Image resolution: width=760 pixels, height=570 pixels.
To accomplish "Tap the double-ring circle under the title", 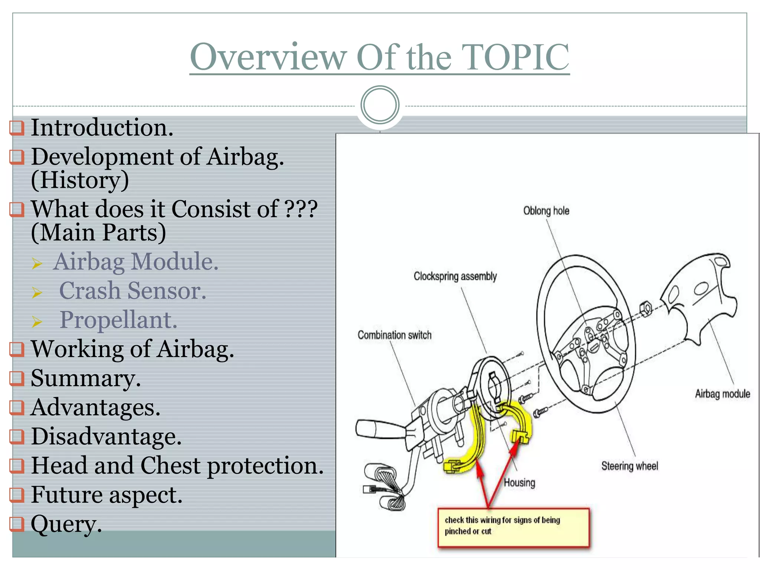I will point(380,105).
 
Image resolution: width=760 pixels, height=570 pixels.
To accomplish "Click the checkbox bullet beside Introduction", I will point(17,128).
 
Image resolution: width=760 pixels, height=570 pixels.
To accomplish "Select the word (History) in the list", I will point(80,180).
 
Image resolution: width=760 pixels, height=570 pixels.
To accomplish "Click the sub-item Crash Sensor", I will point(132,291).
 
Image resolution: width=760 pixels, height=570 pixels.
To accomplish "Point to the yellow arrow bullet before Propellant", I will point(37,321).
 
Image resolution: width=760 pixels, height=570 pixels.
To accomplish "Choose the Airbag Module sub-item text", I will point(136,262).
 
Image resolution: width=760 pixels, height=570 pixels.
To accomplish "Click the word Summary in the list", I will point(85,379).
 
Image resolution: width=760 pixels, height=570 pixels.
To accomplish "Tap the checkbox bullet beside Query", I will point(17,524).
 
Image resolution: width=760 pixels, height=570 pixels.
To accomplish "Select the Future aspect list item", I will point(107,495).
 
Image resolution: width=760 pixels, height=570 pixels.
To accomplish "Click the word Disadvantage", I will point(106,436).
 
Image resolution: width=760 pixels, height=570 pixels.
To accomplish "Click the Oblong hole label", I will point(546,211).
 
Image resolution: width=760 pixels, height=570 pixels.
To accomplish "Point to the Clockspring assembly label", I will point(455,276).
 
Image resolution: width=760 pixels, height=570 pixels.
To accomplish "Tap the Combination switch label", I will point(394,335).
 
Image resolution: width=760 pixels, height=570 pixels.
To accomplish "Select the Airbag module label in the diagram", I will point(722,394).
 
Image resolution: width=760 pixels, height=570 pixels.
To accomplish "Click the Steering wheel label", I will point(629,466).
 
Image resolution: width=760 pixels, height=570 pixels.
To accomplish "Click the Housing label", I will point(519,483).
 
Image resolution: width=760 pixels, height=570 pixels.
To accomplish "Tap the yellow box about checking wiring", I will point(513,527).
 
